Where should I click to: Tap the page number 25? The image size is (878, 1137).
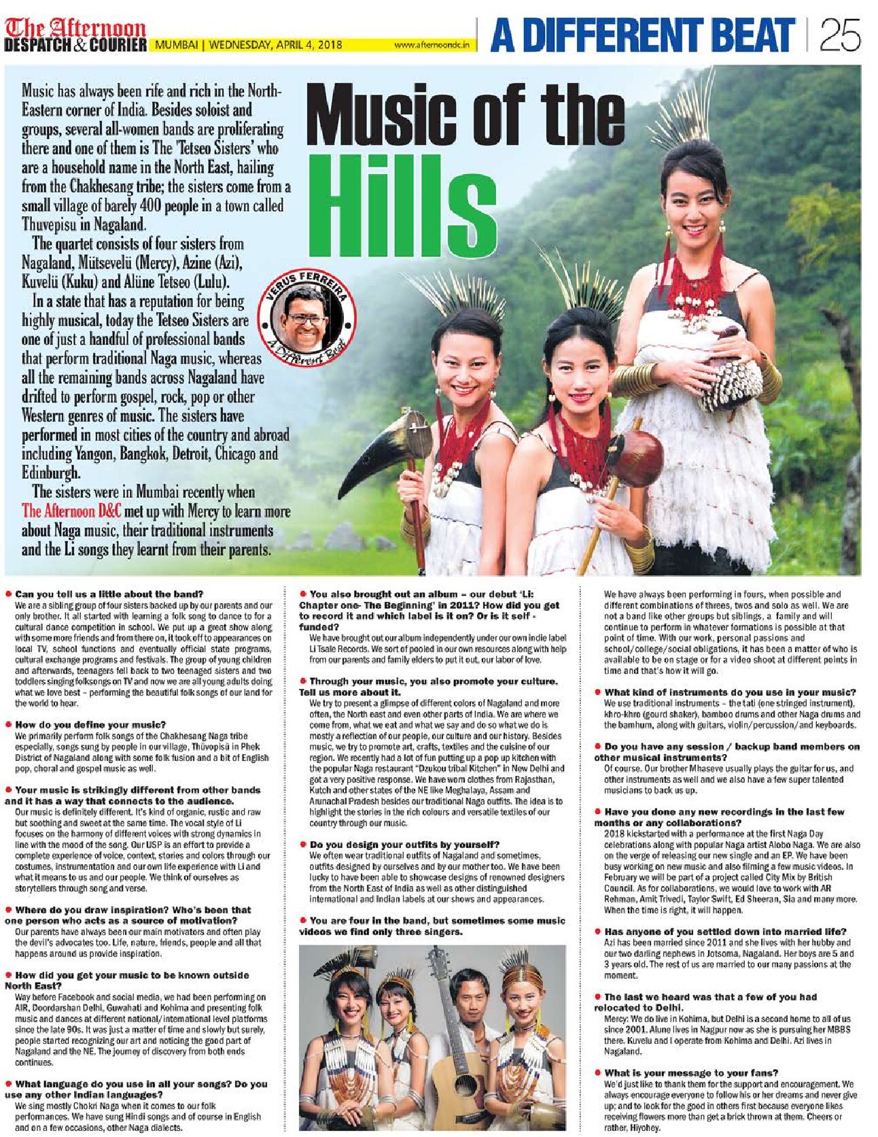pyautogui.click(x=840, y=35)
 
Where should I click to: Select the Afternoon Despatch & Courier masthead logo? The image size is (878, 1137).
pyautogui.click(x=75, y=35)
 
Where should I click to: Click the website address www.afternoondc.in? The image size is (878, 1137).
pyautogui.click(x=432, y=46)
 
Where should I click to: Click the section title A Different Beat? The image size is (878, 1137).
pyautogui.click(x=642, y=35)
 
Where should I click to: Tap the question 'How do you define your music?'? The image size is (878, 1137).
pyautogui.click(x=90, y=724)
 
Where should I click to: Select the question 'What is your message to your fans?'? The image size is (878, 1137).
pyautogui.click(x=691, y=1072)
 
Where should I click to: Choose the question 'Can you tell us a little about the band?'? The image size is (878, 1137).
pyautogui.click(x=109, y=594)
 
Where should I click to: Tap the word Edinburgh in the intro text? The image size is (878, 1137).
pyautogui.click(x=51, y=473)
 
